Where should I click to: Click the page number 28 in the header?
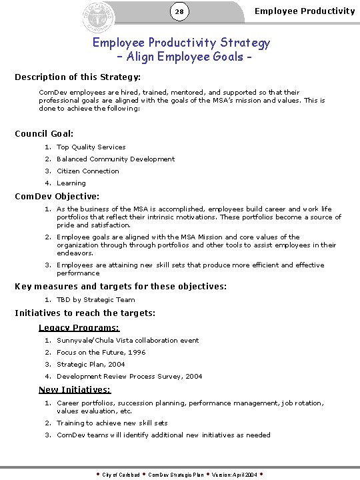180,12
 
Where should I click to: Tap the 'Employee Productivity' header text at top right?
305,11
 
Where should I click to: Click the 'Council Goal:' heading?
44,134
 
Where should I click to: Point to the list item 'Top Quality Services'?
91,147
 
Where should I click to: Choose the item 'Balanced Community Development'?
115,159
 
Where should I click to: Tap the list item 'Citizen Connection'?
88,171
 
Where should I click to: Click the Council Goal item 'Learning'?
71,183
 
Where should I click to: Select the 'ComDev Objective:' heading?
57,197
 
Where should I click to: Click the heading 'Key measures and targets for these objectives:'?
121,287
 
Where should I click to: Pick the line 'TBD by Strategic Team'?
95,300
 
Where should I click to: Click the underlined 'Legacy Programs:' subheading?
79,327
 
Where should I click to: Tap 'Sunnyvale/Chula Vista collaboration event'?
127,341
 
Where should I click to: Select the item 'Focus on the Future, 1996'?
101,353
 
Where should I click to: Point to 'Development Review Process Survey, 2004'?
129,377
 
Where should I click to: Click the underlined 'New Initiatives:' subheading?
75,390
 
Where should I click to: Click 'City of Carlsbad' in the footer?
121,475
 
